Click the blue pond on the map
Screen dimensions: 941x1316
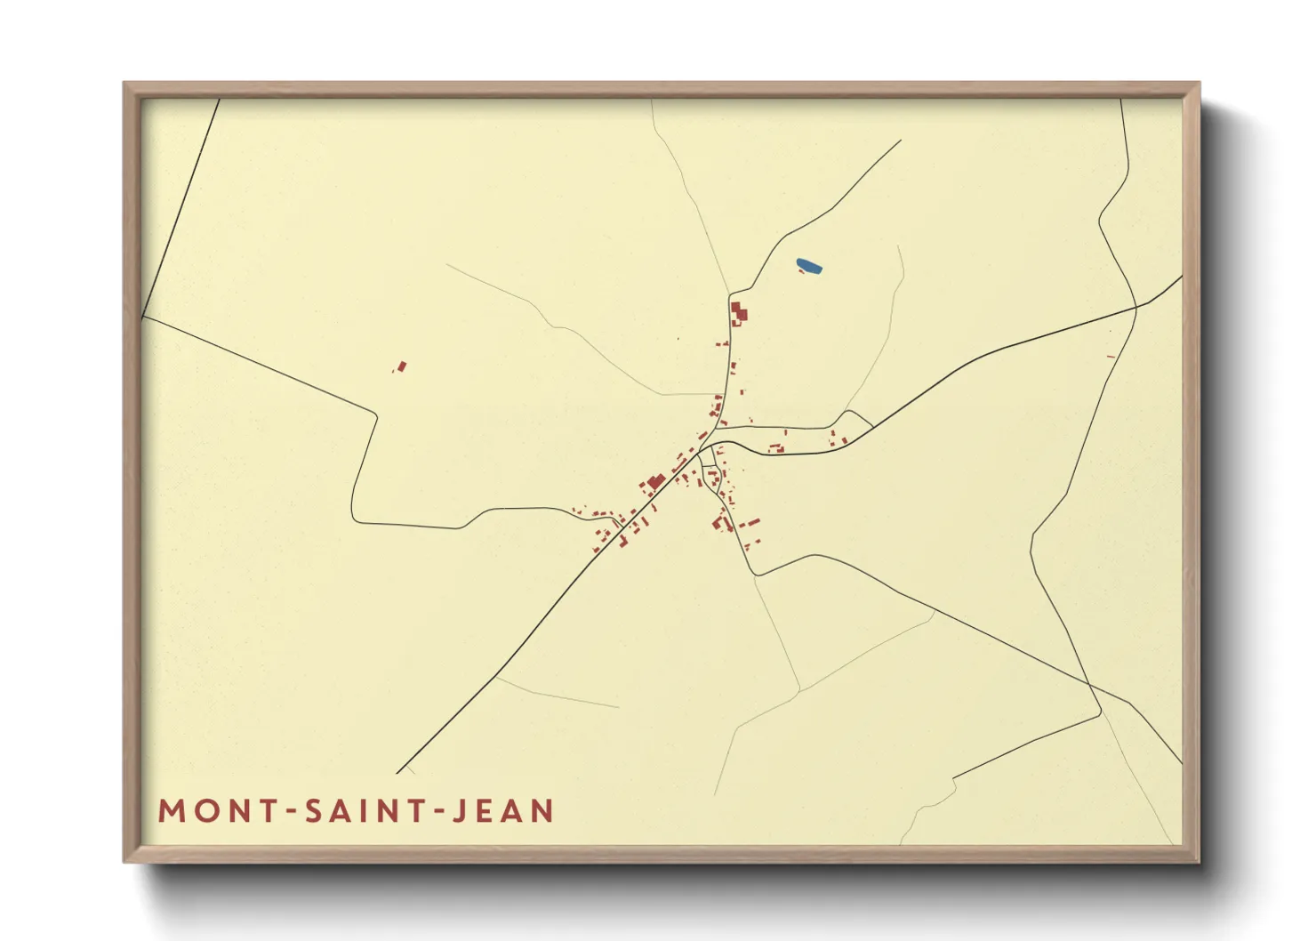tap(809, 265)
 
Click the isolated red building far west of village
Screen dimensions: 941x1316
tap(401, 366)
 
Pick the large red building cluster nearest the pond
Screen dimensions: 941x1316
tap(739, 313)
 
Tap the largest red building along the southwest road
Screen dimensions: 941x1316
tap(656, 482)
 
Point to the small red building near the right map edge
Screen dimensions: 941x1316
tap(1111, 357)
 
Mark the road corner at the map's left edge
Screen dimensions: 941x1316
tap(142, 316)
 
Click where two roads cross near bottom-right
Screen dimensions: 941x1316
tap(1090, 686)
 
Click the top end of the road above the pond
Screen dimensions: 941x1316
tap(901, 141)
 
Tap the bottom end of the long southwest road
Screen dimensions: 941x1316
tap(397, 773)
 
